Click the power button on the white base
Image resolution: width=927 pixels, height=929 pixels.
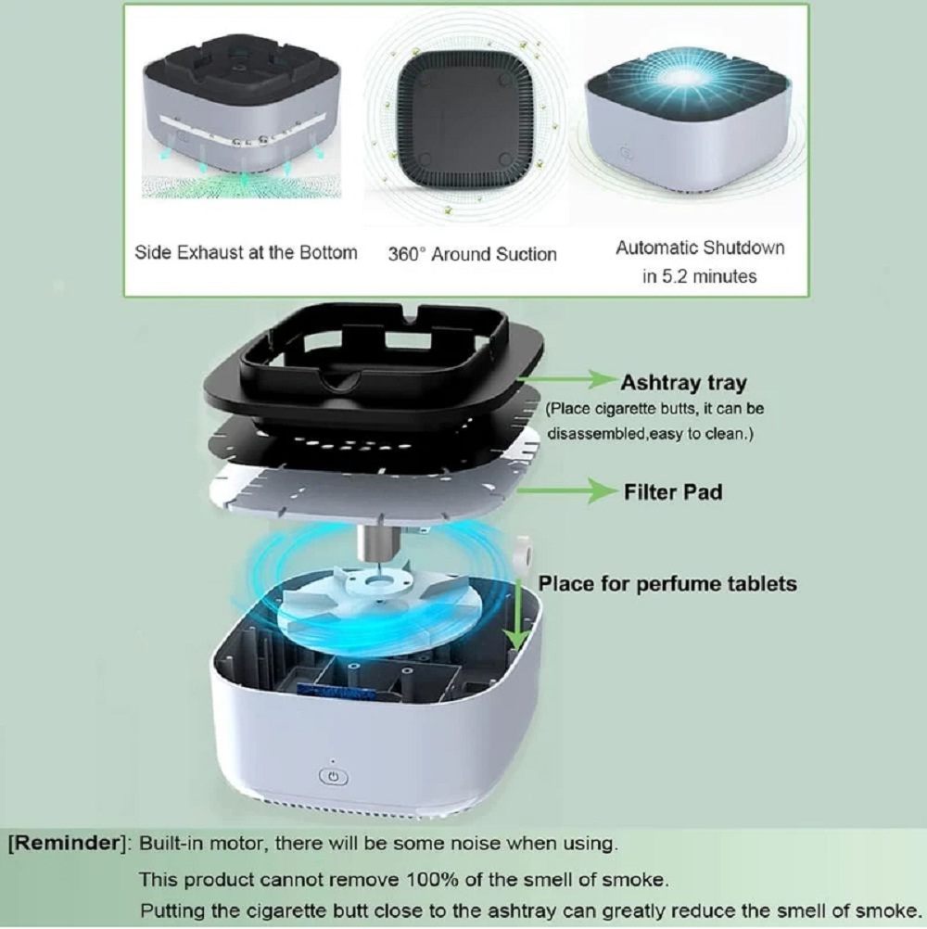[x=333, y=777]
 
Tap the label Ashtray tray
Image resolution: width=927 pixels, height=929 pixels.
[x=683, y=383]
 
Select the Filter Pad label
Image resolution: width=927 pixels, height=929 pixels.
[x=673, y=491]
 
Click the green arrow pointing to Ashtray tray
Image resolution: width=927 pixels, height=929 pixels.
[x=567, y=379]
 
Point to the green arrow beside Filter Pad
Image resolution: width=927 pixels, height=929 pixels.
[x=567, y=490]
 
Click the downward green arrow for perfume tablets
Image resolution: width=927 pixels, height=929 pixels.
[x=517, y=613]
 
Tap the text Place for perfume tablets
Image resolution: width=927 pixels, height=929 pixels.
[x=667, y=583]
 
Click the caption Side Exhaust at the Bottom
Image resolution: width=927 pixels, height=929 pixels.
[x=246, y=252]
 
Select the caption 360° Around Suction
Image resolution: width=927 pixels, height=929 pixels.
[x=472, y=254]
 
